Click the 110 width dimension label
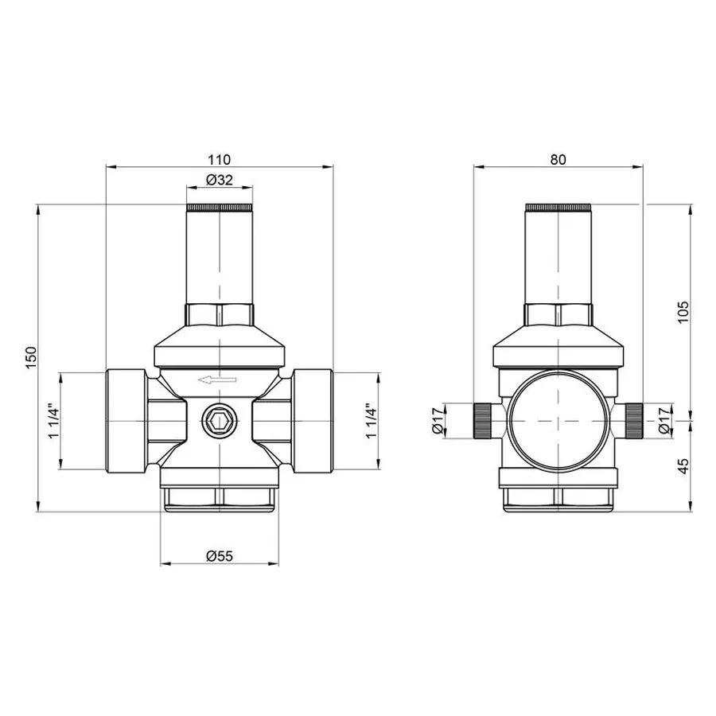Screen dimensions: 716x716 [219, 159]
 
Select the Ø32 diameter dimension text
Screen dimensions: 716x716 [219, 181]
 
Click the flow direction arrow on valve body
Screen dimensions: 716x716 [218, 381]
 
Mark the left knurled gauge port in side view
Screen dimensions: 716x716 [482, 421]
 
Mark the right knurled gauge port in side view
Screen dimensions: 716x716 [633, 421]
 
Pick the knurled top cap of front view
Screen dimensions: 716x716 [219, 209]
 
